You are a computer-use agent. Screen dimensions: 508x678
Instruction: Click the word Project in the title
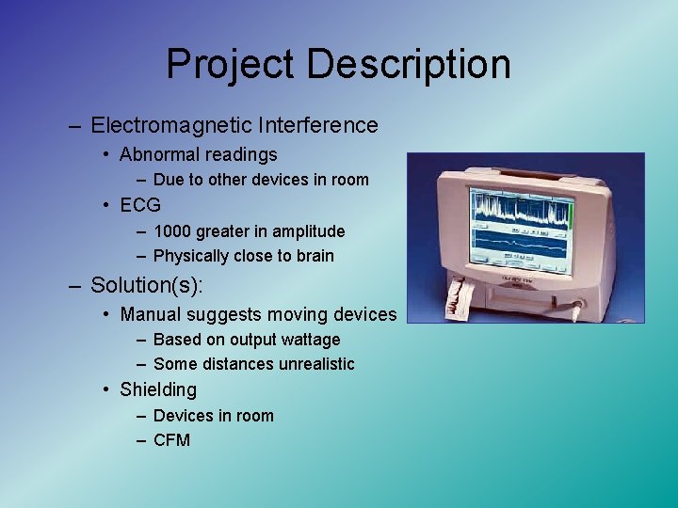231,65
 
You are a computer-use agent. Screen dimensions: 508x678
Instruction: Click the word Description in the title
408,65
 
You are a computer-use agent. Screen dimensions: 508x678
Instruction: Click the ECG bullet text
140,204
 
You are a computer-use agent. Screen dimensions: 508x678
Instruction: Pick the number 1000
171,230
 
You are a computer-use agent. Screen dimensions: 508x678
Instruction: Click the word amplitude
308,230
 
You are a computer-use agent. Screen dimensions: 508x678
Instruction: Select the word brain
313,256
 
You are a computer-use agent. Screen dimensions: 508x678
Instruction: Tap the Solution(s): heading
150,284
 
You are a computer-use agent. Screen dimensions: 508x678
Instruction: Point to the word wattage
305,340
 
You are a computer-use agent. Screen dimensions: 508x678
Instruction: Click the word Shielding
158,389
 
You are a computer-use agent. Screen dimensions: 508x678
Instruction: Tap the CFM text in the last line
171,440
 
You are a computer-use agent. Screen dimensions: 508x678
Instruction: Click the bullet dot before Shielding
110,389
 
